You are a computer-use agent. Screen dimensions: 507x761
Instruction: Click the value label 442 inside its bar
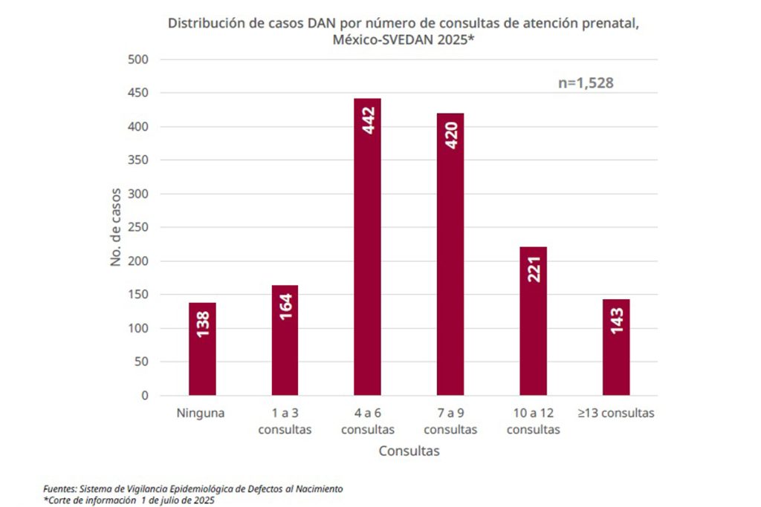pyautogui.click(x=368, y=121)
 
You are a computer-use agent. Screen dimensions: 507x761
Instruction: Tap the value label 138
pyautogui.click(x=203, y=324)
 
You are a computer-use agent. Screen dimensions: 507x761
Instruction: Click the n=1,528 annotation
pyautogui.click(x=586, y=83)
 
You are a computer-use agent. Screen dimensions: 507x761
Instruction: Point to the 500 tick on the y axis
pyautogui.click(x=139, y=59)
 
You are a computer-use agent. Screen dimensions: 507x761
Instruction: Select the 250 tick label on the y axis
pyautogui.click(x=139, y=228)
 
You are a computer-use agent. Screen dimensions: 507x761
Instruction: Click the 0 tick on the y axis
pyautogui.click(x=145, y=396)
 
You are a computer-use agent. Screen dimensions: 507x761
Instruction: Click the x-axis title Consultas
pyautogui.click(x=409, y=451)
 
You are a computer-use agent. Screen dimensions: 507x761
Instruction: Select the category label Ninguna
pyautogui.click(x=201, y=413)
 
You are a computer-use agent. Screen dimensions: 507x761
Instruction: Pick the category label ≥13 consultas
pyautogui.click(x=616, y=413)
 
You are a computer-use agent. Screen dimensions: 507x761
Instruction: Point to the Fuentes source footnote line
pyautogui.click(x=193, y=489)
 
